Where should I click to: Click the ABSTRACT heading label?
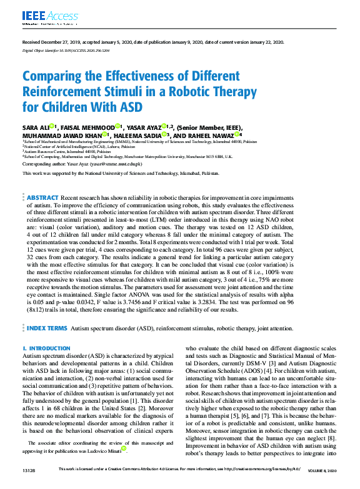pos(43,197)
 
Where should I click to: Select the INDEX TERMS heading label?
pos(47,327)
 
